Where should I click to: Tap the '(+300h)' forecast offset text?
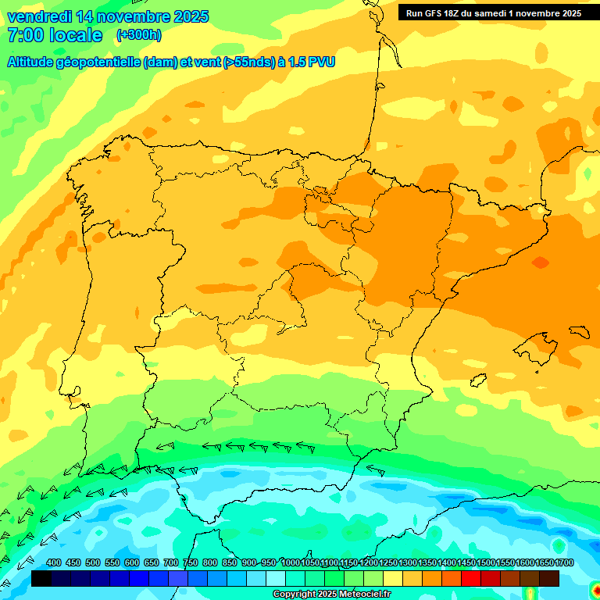click(x=138, y=35)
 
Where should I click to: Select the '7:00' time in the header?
click(x=24, y=36)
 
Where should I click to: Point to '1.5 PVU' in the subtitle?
click(x=312, y=62)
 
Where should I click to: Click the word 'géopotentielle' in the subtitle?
click(x=96, y=62)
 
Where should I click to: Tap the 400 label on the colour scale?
click(x=54, y=562)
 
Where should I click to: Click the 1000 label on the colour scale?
click(x=291, y=562)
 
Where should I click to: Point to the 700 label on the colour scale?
click(x=171, y=562)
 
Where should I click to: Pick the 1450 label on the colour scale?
click(x=466, y=562)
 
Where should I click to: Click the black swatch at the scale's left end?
click(x=41, y=579)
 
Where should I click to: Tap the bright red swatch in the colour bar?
click(x=471, y=579)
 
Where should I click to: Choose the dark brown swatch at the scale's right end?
click(x=549, y=579)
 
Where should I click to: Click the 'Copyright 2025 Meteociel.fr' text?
click(x=332, y=594)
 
